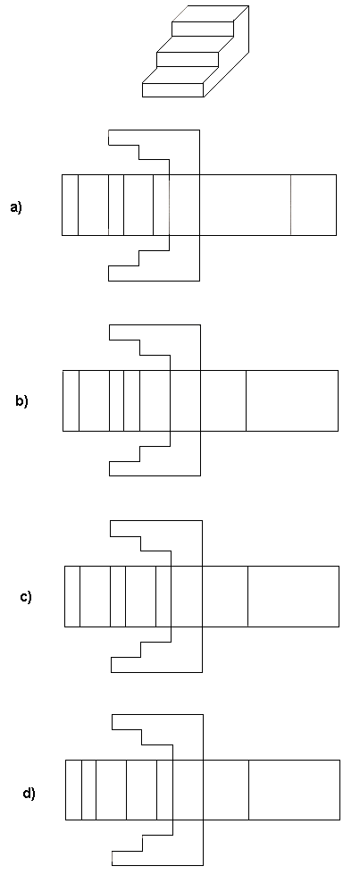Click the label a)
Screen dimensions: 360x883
tap(16, 207)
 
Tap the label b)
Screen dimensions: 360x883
tap(21, 401)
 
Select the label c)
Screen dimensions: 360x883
tap(26, 596)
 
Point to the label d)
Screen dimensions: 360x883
tap(29, 794)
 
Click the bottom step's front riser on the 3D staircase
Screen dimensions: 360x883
tap(172, 90)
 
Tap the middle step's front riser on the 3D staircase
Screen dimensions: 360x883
tap(188, 59)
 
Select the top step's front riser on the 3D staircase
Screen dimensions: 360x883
tap(203, 29)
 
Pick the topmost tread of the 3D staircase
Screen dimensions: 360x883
tap(211, 13)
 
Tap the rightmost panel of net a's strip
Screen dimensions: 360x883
tap(314, 205)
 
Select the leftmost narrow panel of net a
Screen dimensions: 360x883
tap(71, 205)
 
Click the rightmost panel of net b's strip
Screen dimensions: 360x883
tap(292, 401)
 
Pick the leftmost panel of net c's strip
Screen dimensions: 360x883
tap(72, 596)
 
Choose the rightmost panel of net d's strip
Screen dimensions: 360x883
tap(294, 790)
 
